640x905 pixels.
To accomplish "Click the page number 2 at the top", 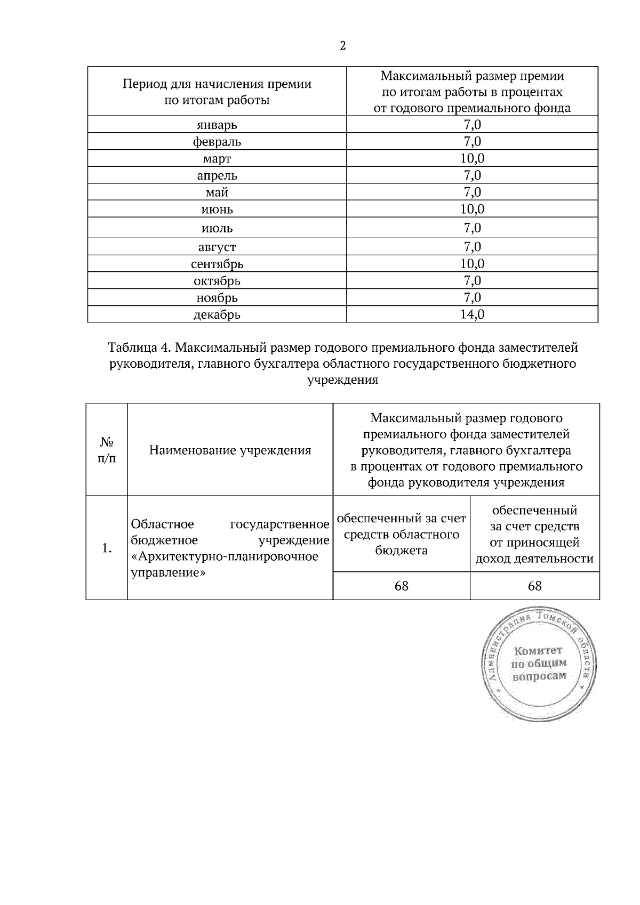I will tap(342, 46).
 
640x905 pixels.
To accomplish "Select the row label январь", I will tap(217, 125).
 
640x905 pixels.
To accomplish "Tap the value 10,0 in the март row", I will tap(472, 158).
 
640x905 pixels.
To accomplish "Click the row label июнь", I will tap(217, 209).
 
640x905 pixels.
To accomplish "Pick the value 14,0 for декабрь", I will tap(472, 314).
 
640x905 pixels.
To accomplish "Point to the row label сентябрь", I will tap(217, 264).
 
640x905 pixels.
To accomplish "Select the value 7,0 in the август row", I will tap(472, 247).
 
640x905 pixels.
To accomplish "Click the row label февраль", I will tap(217, 142).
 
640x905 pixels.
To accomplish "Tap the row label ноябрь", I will tap(217, 297).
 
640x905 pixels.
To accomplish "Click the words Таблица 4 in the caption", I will tap(139, 348).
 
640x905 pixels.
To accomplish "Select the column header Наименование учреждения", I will tap(230, 450).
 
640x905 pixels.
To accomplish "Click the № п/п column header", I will tap(107, 450).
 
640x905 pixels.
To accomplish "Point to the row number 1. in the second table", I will tap(107, 548).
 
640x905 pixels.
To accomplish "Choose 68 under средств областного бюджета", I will tap(401, 586).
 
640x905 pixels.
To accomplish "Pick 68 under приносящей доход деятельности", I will tap(534, 586).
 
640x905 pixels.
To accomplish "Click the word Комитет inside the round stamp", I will tap(538, 651).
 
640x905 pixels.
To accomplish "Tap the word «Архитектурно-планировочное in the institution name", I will tap(225, 556).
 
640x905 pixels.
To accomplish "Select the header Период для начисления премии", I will tap(217, 84).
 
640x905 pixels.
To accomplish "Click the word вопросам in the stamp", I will tap(539, 676).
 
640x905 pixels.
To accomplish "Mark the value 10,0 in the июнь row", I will tap(472, 209).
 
